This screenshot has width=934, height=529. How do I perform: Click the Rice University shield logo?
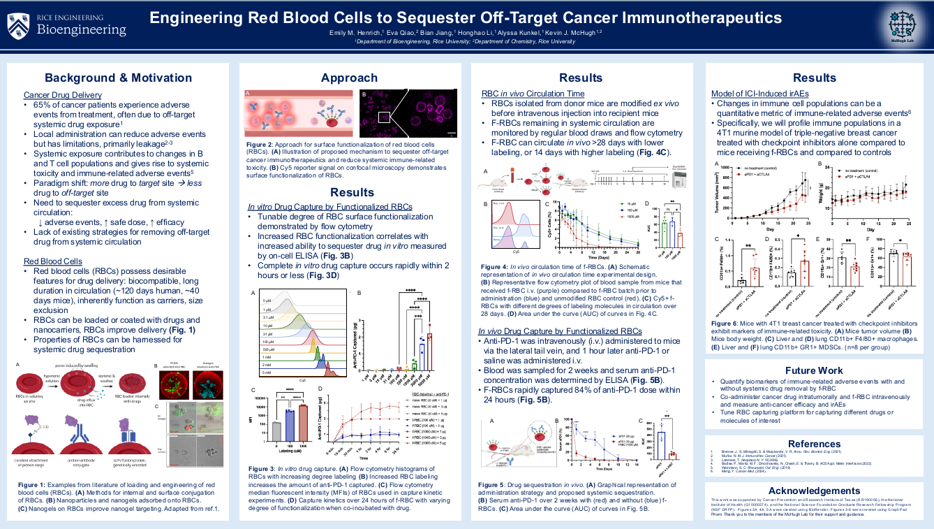click(x=20, y=26)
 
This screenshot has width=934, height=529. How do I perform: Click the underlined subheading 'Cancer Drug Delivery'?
click(x=63, y=94)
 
